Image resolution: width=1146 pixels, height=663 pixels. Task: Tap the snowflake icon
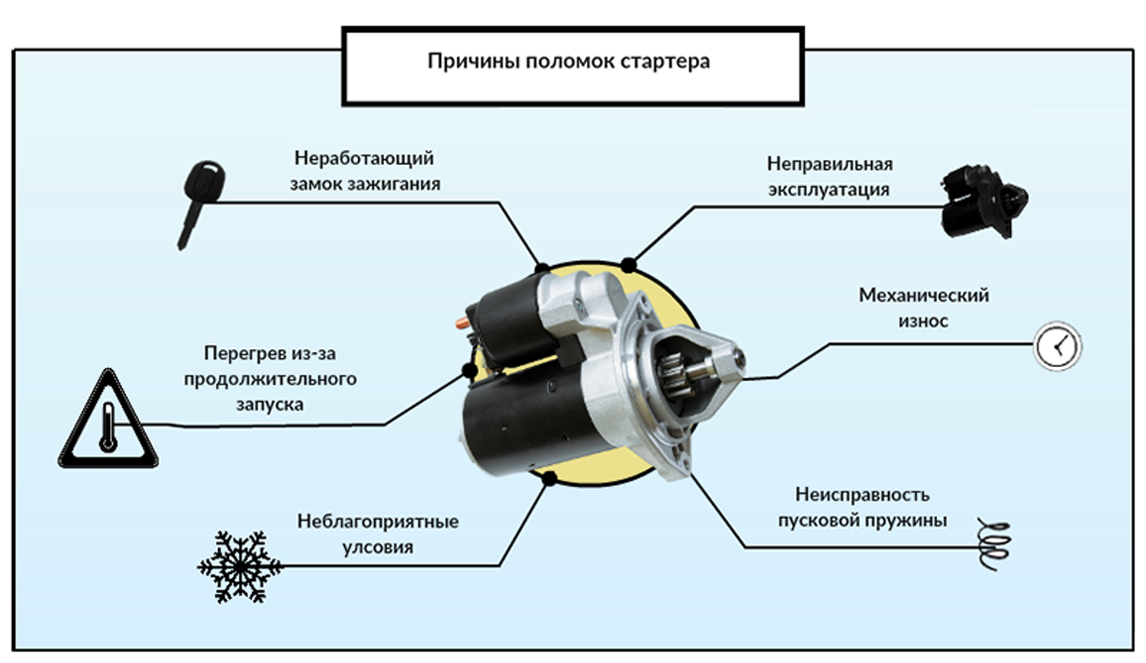[x=240, y=567]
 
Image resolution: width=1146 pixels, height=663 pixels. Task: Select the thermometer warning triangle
[x=108, y=422]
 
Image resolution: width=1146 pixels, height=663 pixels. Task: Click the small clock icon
[x=1057, y=346]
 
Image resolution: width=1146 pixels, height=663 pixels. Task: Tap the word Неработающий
[x=365, y=158]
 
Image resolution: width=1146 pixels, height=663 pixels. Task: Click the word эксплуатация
[x=828, y=189]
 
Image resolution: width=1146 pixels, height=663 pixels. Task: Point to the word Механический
[x=924, y=295]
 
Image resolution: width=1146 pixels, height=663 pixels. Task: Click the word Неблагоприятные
[x=377, y=522]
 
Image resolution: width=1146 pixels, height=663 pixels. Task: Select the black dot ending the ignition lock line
[x=542, y=268]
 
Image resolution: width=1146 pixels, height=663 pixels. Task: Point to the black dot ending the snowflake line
[x=547, y=477]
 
